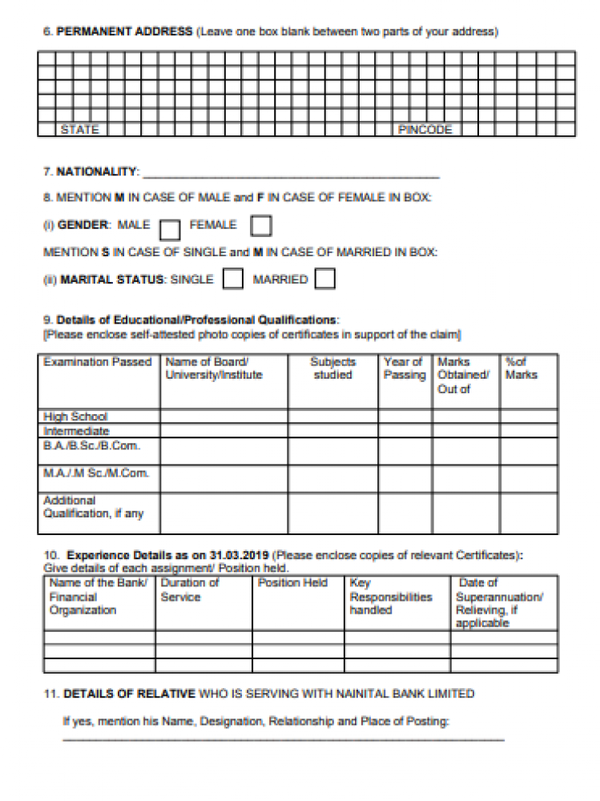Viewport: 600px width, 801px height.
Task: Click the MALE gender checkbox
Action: tap(170, 228)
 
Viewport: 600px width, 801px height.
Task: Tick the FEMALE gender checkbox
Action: tap(261, 227)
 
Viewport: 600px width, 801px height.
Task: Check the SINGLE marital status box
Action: tap(232, 280)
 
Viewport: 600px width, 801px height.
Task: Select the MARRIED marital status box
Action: tap(325, 280)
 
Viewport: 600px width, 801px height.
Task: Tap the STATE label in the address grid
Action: tap(79, 130)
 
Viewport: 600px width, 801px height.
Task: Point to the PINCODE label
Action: tap(425, 130)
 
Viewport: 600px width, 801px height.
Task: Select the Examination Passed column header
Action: tap(98, 362)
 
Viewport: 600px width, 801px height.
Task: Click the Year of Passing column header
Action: tap(405, 368)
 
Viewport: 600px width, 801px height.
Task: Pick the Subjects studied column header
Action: tap(332, 368)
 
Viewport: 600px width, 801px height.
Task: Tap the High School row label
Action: tap(75, 417)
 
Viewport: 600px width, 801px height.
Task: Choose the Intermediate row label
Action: tap(76, 431)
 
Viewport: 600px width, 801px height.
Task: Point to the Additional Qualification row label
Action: tap(93, 506)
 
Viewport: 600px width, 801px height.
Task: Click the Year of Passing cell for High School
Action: tap(405, 417)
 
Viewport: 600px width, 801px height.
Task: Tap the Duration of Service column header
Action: tap(190, 590)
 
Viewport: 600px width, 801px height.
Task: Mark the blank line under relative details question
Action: tap(284, 739)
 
